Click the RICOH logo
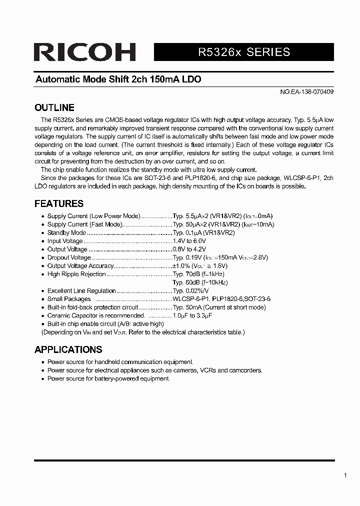coord(84,52)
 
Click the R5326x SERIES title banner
coord(244,52)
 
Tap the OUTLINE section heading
coord(54,107)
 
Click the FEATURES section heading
coord(58,203)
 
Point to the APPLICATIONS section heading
coord(68,349)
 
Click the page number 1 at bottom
coord(345,475)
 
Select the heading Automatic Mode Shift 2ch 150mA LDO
coord(118,79)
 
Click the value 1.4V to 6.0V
coord(189,241)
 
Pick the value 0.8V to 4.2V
coord(189,249)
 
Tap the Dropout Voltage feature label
coord(69,257)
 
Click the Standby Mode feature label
coord(66,232)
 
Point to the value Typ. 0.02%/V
coord(190,290)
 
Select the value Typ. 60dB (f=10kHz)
coord(199,282)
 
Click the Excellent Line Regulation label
coord(81,290)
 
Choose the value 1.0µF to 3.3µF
coord(192,315)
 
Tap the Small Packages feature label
coord(69,299)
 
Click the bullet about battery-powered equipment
coord(108,378)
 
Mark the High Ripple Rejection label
coord(76,274)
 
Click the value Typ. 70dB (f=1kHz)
coord(198,274)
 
